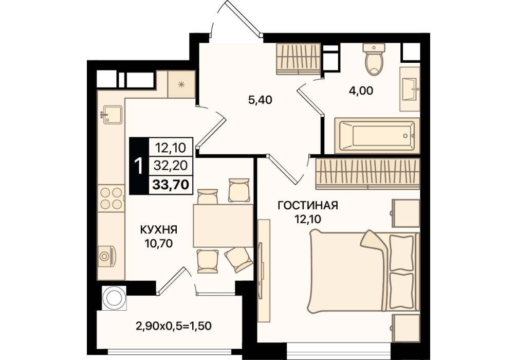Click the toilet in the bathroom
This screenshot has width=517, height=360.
(374, 59)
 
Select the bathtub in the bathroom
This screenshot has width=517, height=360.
(377, 136)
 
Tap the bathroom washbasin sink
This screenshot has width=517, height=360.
(410, 89)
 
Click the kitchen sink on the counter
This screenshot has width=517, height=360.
(112, 115)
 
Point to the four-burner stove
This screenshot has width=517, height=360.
(111, 199)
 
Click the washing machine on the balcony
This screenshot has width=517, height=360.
(115, 298)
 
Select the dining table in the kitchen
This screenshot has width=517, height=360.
(223, 226)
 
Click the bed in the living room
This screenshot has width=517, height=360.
(363, 272)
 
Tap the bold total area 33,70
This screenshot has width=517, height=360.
(171, 185)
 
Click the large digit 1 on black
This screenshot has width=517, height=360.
(139, 166)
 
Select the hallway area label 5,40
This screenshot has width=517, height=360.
(260, 100)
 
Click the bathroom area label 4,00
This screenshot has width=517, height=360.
(361, 91)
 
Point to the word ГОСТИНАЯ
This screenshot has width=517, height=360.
(308, 206)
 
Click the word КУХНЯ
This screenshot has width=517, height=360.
(159, 229)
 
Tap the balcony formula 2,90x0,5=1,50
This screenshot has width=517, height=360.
(173, 326)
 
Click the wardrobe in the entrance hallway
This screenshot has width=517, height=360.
(299, 59)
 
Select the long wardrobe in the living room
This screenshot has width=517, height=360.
(367, 174)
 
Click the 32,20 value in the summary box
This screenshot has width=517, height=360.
(171, 165)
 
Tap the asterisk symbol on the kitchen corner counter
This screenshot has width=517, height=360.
(181, 84)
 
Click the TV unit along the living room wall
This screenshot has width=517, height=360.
(264, 271)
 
